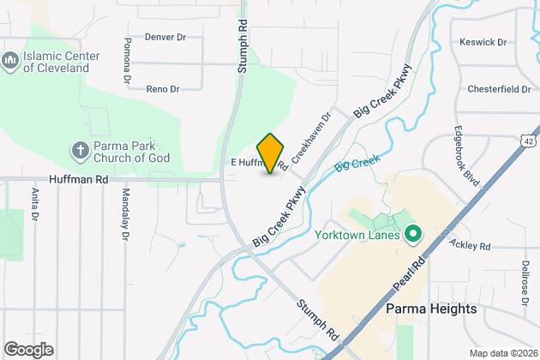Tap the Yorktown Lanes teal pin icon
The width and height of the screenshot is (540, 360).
coord(412,233)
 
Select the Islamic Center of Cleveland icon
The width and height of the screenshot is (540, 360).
coord(10,62)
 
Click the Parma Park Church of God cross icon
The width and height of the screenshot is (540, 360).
coord(79,150)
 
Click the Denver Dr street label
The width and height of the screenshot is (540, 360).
coord(165,37)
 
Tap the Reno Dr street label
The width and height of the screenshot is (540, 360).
coord(162,88)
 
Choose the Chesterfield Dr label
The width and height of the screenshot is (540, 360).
coord(497,88)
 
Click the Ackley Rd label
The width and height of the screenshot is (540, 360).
coord(471,246)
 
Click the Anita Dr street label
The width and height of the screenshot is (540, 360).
coord(35,207)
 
